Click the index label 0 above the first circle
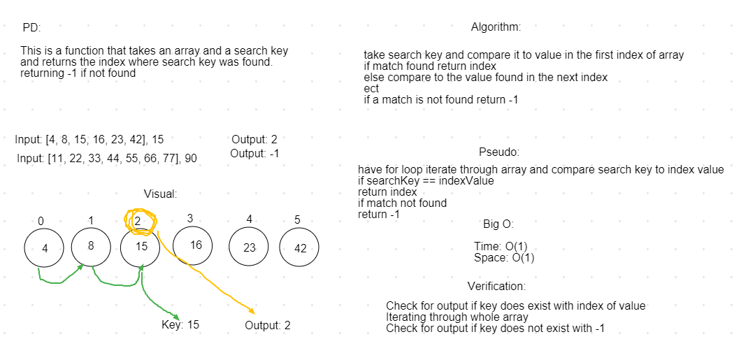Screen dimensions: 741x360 [x=41, y=221]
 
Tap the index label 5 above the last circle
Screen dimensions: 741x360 [x=297, y=220]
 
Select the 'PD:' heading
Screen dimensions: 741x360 [x=31, y=28]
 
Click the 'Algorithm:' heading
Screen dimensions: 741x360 [x=496, y=27]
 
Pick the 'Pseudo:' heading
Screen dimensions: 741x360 [x=499, y=152]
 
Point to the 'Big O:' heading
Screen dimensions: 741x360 [x=498, y=224]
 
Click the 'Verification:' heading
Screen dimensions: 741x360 [x=496, y=287]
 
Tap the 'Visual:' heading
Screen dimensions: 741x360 [x=161, y=194]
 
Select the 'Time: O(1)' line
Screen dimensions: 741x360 [x=501, y=247]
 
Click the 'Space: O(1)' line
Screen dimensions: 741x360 [x=504, y=258]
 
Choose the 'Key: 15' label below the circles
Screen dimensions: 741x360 [x=180, y=325]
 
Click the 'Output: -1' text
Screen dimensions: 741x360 [x=254, y=154]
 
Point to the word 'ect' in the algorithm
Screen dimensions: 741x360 [x=371, y=89]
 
